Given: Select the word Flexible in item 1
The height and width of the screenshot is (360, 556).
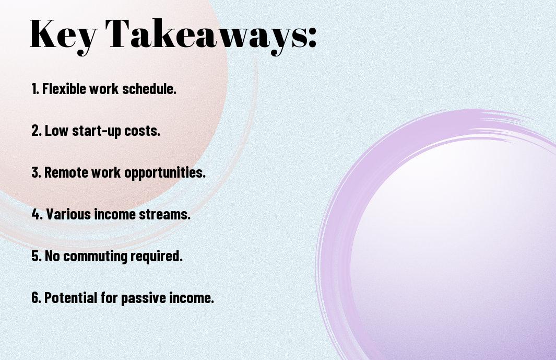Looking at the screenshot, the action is coord(64,88).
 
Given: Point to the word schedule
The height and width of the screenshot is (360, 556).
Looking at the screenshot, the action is coord(149,88).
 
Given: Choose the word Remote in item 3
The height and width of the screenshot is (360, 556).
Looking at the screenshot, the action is coord(66,172).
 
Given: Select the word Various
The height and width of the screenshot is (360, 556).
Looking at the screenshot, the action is coord(68,214).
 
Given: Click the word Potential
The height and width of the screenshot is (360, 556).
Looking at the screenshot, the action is coord(70,297).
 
